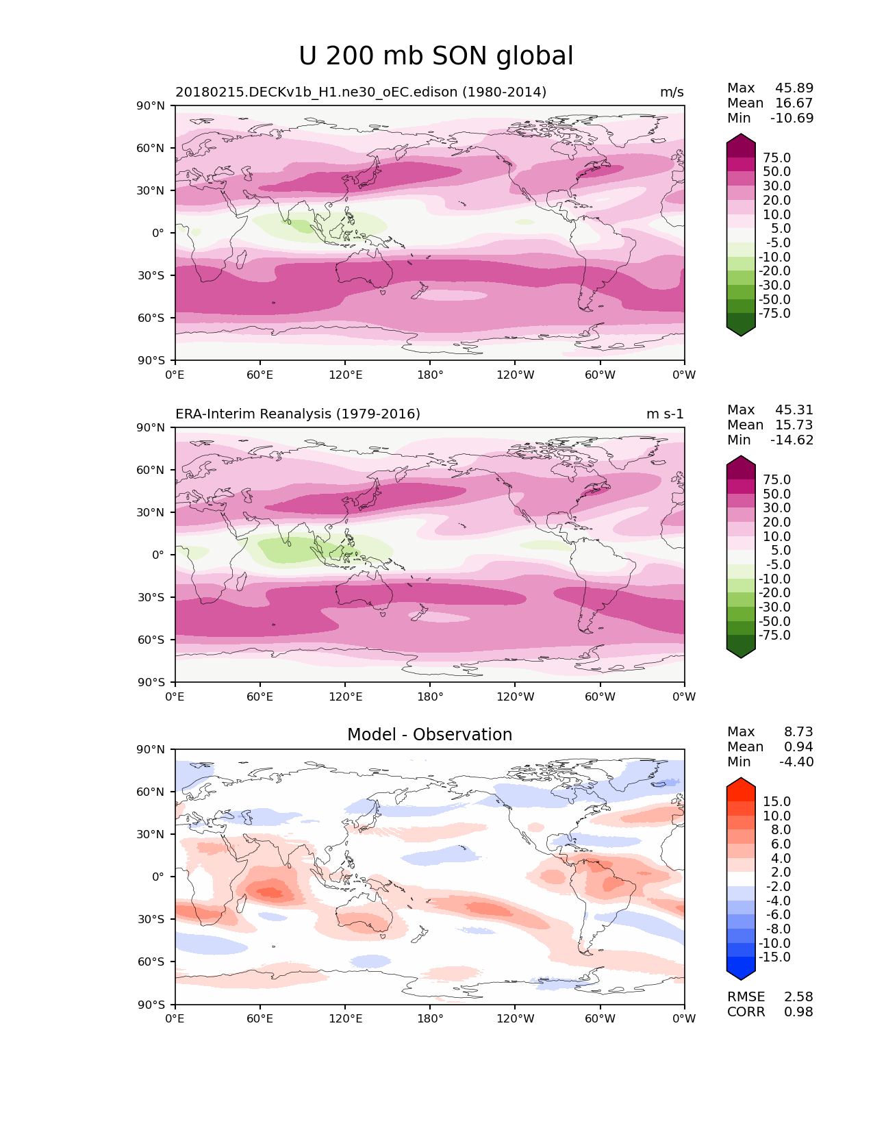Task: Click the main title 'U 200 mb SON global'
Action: pyautogui.click(x=436, y=56)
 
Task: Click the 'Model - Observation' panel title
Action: pyautogui.click(x=429, y=735)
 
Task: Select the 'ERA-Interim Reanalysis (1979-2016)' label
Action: pyautogui.click(x=298, y=414)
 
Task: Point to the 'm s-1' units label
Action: pyautogui.click(x=665, y=414)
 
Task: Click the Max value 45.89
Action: pyautogui.click(x=794, y=88)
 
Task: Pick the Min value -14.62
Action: pyautogui.click(x=792, y=440)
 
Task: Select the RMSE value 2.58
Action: pyautogui.click(x=798, y=997)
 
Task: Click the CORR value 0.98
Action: pyautogui.click(x=798, y=1012)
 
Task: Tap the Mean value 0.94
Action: pyautogui.click(x=798, y=747)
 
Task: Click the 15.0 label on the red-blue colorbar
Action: pyautogui.click(x=776, y=802)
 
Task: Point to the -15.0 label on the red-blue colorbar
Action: pyautogui.click(x=774, y=957)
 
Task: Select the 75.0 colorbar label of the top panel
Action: pyautogui.click(x=776, y=158)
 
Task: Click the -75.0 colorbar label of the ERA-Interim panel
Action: pyautogui.click(x=774, y=636)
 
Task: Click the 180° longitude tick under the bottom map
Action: pyautogui.click(x=430, y=1019)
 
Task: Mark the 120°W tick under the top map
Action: pyautogui.click(x=516, y=375)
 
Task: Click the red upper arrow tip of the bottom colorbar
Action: pyautogui.click(x=741, y=783)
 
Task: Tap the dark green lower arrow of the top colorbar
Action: pyautogui.click(x=741, y=329)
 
